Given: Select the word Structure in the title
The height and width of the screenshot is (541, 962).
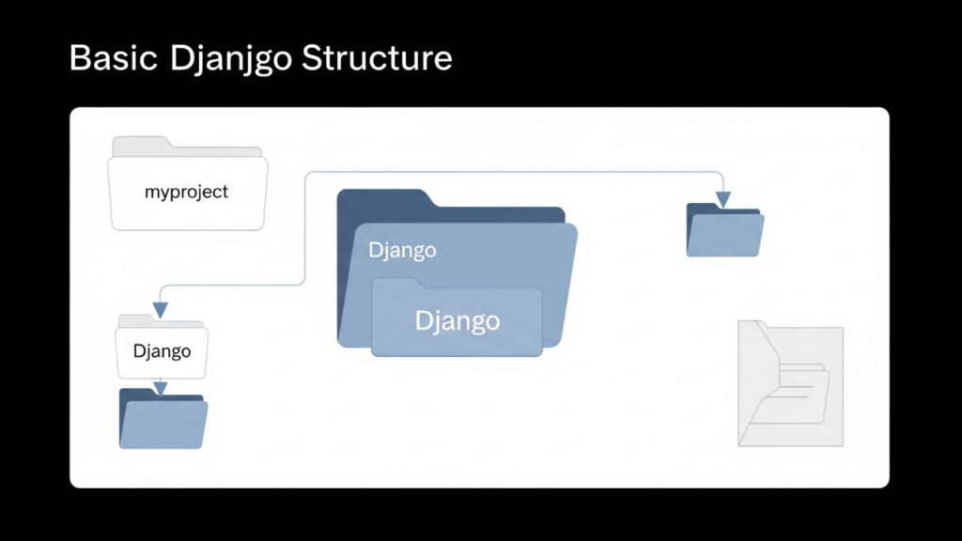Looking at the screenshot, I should point(377,58).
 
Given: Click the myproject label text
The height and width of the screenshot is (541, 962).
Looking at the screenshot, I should point(186,193).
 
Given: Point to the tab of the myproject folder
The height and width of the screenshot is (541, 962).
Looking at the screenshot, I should point(141,145).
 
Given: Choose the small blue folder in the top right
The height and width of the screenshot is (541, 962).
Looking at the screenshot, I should point(724,233).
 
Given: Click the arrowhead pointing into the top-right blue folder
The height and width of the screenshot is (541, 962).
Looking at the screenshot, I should point(722,199).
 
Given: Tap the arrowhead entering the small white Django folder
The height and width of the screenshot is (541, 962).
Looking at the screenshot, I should point(161,310).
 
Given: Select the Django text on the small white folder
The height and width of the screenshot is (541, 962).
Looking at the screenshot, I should point(162,352).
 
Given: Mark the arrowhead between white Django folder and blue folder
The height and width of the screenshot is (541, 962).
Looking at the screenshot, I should point(161,388).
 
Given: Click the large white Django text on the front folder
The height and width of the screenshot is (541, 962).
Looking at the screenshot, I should point(457,320).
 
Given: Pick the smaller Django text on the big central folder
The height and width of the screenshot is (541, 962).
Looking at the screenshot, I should point(401,251).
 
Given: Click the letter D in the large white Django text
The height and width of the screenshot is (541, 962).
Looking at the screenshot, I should point(424,320).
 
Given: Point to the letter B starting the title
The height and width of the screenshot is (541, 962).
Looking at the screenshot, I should point(79,58).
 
